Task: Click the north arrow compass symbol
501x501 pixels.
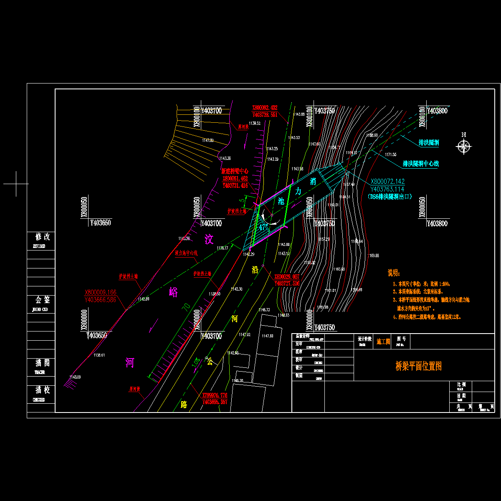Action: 463,146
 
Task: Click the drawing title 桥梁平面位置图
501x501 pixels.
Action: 418,366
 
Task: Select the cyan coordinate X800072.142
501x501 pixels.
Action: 387,182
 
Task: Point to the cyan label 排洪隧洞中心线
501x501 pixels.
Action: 420,164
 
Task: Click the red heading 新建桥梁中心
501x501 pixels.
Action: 235,171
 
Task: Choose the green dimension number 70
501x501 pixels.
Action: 186,307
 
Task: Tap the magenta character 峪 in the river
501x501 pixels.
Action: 173,292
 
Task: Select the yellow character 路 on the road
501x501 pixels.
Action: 184,404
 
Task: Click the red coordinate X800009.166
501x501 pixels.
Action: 100,292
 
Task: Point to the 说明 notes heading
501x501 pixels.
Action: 394,273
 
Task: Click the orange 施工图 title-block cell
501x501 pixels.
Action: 383,342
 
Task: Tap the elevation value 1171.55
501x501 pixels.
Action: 391,154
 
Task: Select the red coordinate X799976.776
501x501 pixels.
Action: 215,395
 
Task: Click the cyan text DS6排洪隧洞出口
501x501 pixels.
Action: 390,197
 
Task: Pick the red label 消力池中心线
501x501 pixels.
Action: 186,253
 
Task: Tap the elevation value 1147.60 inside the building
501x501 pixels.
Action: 267,336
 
